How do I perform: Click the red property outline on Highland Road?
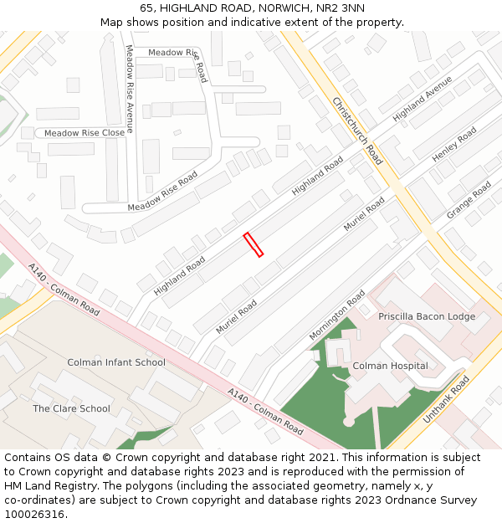coord(253,244)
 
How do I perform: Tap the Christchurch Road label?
coord(357,131)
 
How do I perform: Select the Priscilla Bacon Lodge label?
coord(427,316)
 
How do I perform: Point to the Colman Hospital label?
coord(390,366)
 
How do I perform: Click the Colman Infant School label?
coord(116,362)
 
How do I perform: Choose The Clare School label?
coord(71,408)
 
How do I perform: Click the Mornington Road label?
coord(336,315)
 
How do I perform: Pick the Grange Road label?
coord(469,201)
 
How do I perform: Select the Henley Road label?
coord(453,145)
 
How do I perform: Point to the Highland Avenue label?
coord(422,99)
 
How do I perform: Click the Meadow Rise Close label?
coord(84,133)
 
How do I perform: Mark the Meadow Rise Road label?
coord(162,192)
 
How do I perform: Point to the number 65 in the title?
coord(146,8)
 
